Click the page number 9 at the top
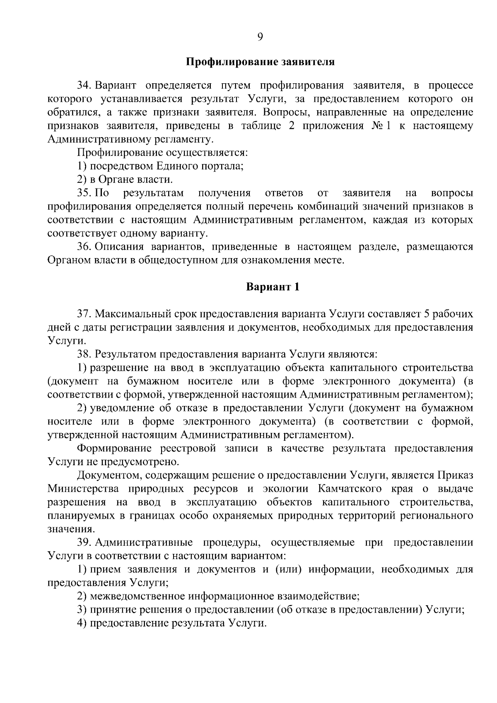pyautogui.click(x=260, y=37)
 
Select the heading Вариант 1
pyautogui.click(x=272, y=287)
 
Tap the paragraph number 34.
pyautogui.click(x=84, y=86)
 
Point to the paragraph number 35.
pyautogui.click(x=84, y=193)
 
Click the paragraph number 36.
pyautogui.click(x=84, y=247)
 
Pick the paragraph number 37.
pyautogui.click(x=84, y=314)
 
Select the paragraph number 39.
pyautogui.click(x=84, y=543)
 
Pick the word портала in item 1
pyautogui.click(x=225, y=166)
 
